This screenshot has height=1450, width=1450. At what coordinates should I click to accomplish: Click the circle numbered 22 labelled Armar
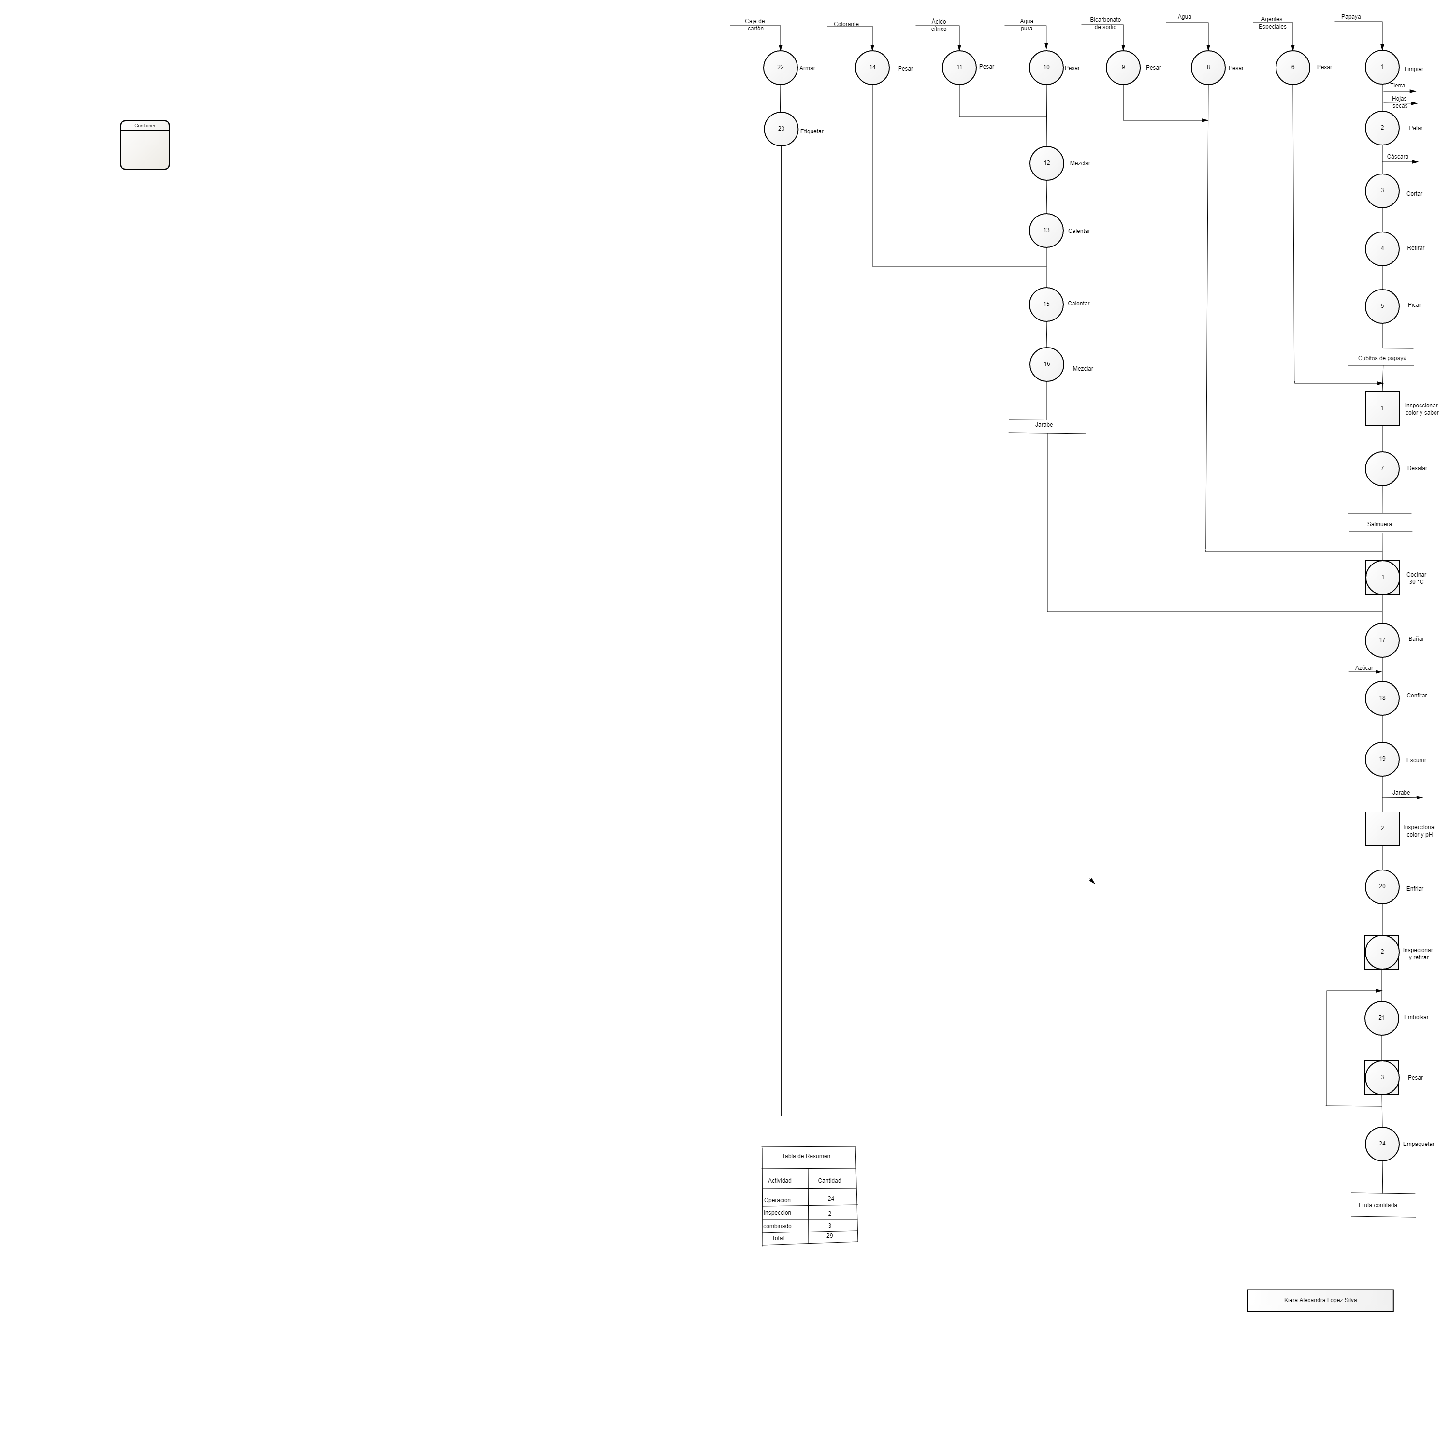point(781,68)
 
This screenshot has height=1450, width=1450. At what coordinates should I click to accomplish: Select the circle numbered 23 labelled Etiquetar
point(781,129)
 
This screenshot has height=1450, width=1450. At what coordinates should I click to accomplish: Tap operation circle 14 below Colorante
point(872,68)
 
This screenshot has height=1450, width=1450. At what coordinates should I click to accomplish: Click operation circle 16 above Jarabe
point(1047,365)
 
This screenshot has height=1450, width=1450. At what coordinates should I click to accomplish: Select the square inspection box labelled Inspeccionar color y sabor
point(1382,408)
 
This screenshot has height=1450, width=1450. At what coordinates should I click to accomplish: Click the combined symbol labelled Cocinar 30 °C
point(1382,578)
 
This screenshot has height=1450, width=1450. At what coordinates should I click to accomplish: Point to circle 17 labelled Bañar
point(1382,640)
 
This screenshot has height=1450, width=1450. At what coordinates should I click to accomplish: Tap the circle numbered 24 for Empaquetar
point(1382,1144)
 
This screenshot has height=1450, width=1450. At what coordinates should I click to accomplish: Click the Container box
point(145,145)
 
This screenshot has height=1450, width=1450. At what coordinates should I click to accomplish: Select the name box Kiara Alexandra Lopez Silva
point(1320,1300)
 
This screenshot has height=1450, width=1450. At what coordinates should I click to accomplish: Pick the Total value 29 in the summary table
point(829,1235)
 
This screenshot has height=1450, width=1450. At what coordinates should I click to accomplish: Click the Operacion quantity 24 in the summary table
point(831,1199)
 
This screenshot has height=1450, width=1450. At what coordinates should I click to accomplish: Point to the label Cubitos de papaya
point(1382,358)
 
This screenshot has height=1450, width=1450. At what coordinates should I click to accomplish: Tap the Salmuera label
point(1379,524)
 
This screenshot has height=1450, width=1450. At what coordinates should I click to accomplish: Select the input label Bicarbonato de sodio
point(1105,23)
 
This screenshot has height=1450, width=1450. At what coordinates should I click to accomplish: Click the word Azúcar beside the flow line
point(1364,668)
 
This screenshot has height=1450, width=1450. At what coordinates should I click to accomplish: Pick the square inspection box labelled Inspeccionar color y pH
point(1382,828)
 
